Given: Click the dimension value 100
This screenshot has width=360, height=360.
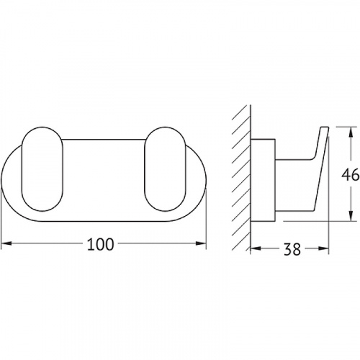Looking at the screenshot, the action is [100, 244].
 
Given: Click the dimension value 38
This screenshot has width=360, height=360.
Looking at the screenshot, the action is [292, 249].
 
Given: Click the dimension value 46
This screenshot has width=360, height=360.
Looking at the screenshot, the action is [350, 175].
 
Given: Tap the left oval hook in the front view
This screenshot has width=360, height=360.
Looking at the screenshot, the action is [42, 169].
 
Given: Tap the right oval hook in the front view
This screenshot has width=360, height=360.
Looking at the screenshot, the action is [166, 169].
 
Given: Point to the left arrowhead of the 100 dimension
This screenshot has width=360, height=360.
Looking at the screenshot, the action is [6, 243].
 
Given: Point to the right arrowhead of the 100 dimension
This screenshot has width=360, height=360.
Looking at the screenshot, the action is [201, 243].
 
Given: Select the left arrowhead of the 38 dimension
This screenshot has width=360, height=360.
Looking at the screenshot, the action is [256, 248].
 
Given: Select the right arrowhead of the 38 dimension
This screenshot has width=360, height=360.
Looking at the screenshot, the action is [323, 248].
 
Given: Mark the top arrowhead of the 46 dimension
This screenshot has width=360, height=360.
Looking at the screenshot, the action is [351, 132].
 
